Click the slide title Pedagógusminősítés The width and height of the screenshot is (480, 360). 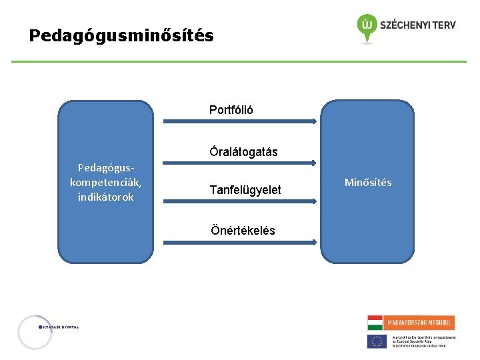121,35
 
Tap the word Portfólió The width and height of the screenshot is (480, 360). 231,109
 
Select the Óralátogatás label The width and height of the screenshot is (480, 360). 243,152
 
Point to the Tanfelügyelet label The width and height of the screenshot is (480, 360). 245,191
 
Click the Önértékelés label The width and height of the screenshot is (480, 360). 243,231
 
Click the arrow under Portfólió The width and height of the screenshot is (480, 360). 239,121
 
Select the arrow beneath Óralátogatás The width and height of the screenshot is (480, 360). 239,162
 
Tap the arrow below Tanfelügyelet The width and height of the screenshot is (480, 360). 239,203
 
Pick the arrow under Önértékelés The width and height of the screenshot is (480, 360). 239,243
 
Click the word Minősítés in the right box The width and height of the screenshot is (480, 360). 368,183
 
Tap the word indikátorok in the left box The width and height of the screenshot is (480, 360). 105,197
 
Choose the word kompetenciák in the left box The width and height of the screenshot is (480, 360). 105,182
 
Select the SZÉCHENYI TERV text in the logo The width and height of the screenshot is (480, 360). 417,25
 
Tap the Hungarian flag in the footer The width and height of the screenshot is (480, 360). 375,323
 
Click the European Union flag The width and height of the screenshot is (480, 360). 377,341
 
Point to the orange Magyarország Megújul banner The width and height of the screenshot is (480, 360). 419,323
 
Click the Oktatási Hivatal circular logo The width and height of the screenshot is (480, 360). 35,331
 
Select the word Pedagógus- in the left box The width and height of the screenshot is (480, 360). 105,167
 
